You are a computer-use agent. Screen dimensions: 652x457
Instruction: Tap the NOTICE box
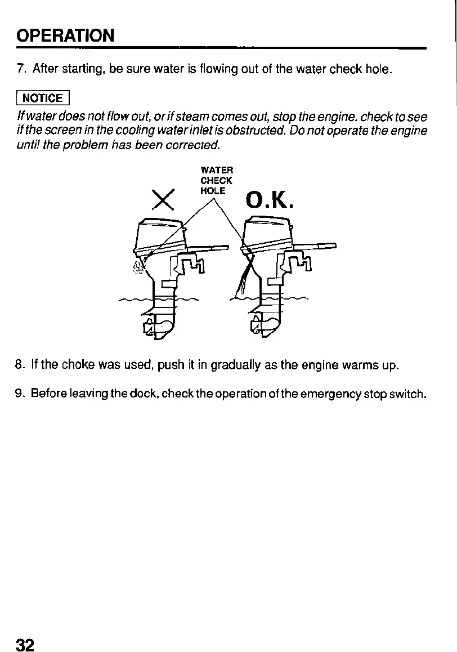pos(43,99)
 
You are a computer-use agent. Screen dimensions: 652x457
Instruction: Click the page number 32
pos(26,644)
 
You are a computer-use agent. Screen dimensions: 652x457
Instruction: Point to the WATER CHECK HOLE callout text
pos(217,180)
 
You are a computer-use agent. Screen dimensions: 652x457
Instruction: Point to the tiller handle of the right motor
pos(315,246)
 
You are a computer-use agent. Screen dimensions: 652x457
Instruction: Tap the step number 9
pos(20,392)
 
